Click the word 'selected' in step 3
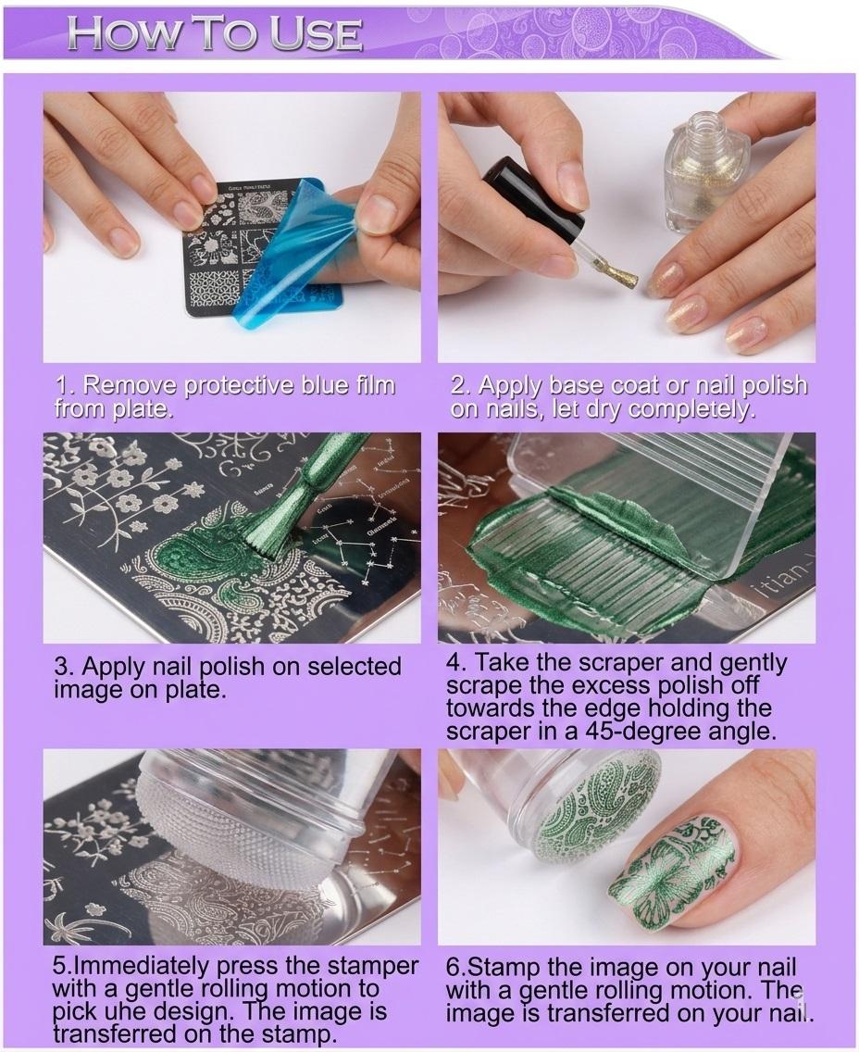point(355,666)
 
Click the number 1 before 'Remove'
point(62,386)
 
